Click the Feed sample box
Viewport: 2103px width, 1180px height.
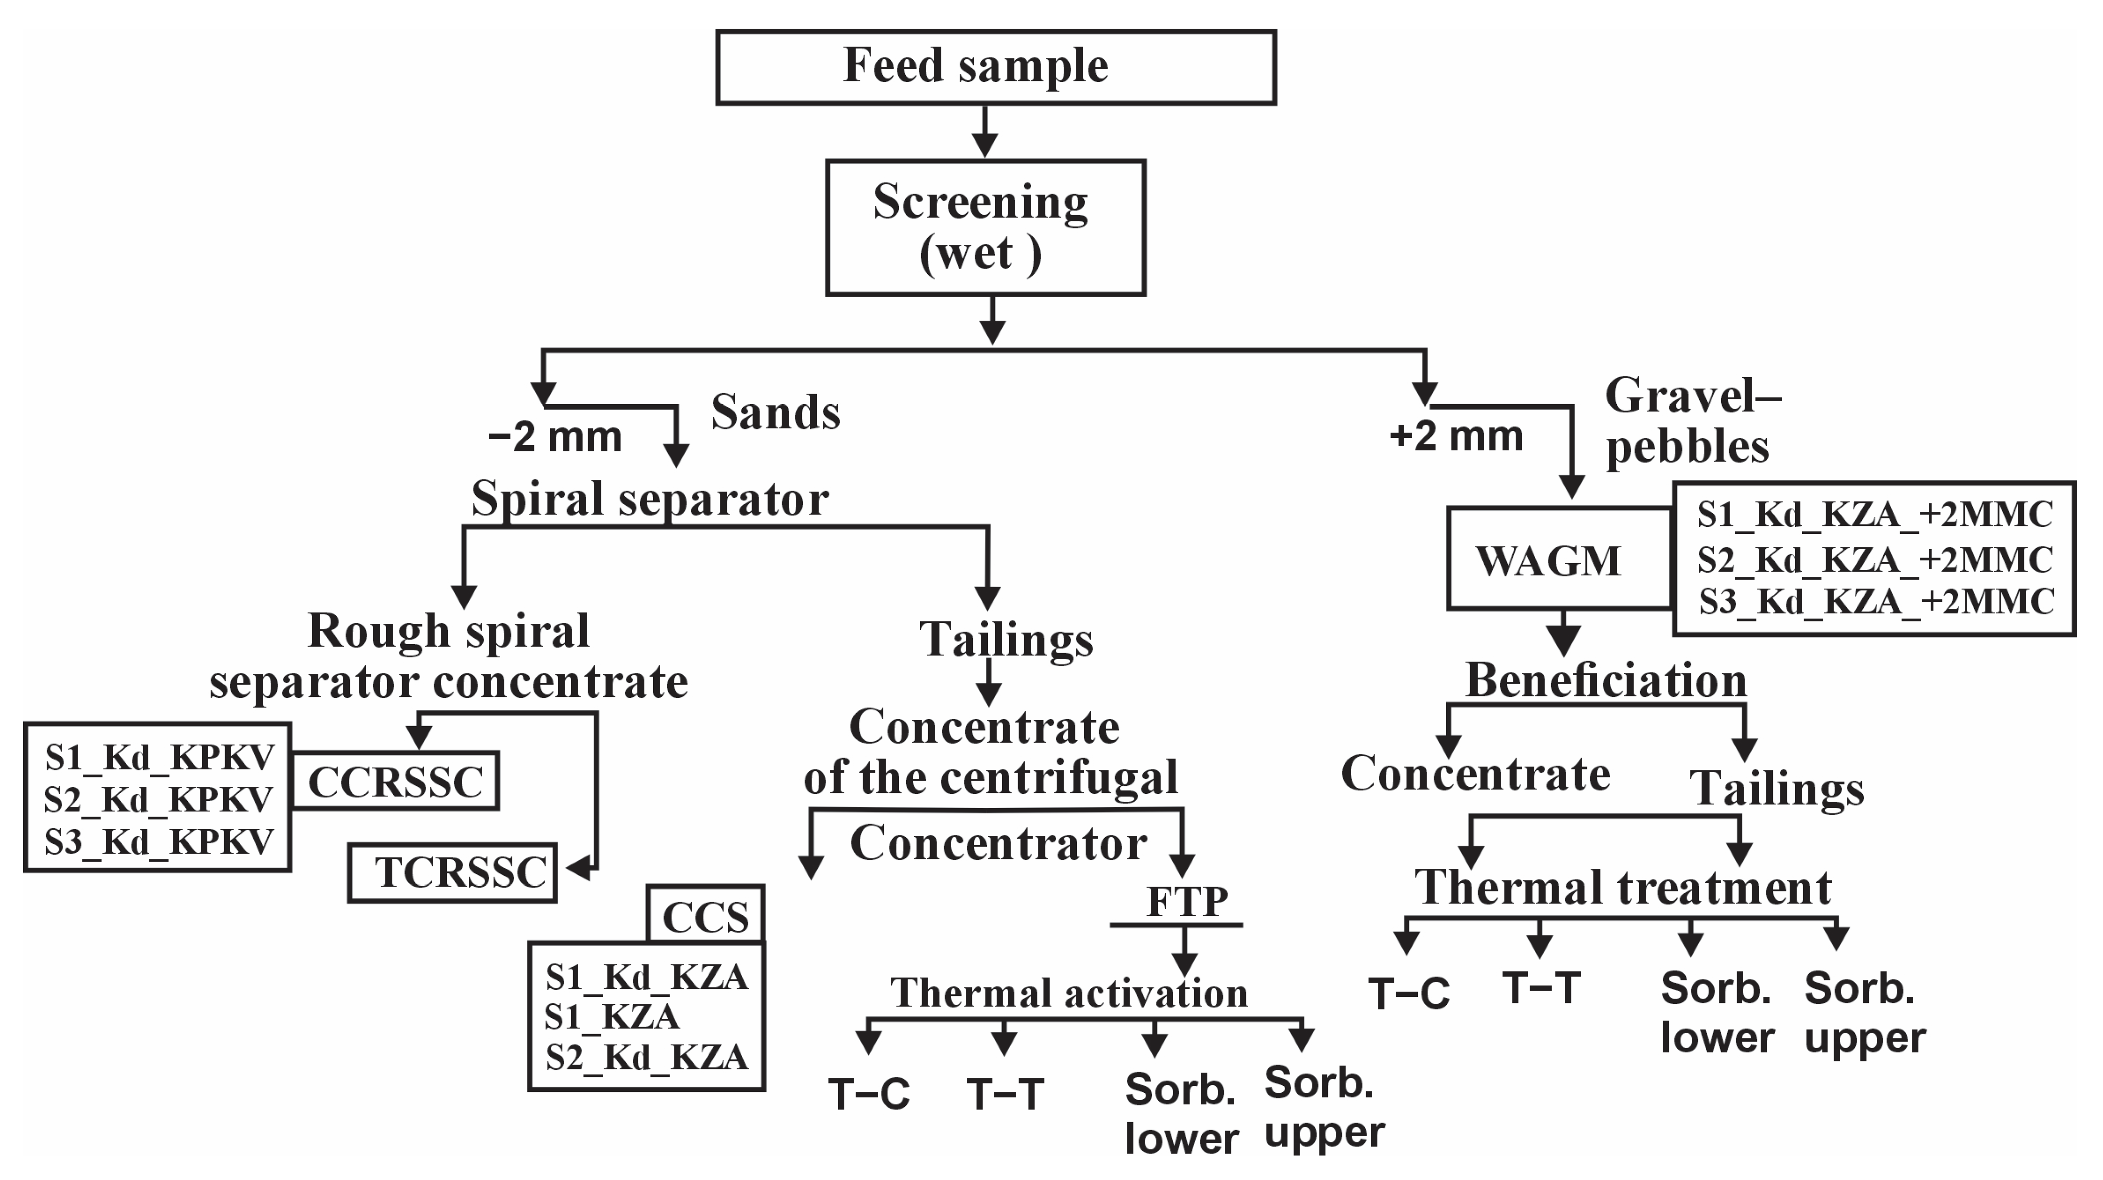[x=996, y=67]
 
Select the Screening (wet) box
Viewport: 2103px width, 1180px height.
[x=986, y=227]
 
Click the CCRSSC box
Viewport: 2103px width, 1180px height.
[x=395, y=781]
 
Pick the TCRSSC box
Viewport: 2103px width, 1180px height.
[x=452, y=872]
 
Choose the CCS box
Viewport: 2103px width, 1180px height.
[x=705, y=914]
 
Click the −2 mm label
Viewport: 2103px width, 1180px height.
[x=555, y=437]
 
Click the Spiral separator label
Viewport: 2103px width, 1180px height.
[x=650, y=498]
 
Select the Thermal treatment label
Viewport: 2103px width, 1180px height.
[x=1623, y=887]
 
